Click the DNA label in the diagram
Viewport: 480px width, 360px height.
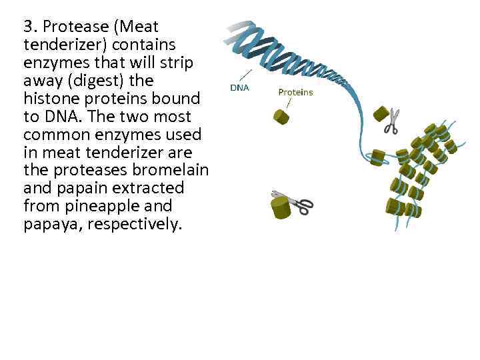coord(239,87)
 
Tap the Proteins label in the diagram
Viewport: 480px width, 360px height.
coord(295,92)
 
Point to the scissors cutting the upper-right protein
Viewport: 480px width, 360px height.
coord(392,121)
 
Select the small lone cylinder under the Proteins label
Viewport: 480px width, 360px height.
coord(281,117)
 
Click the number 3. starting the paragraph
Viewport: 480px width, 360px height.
coord(30,27)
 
